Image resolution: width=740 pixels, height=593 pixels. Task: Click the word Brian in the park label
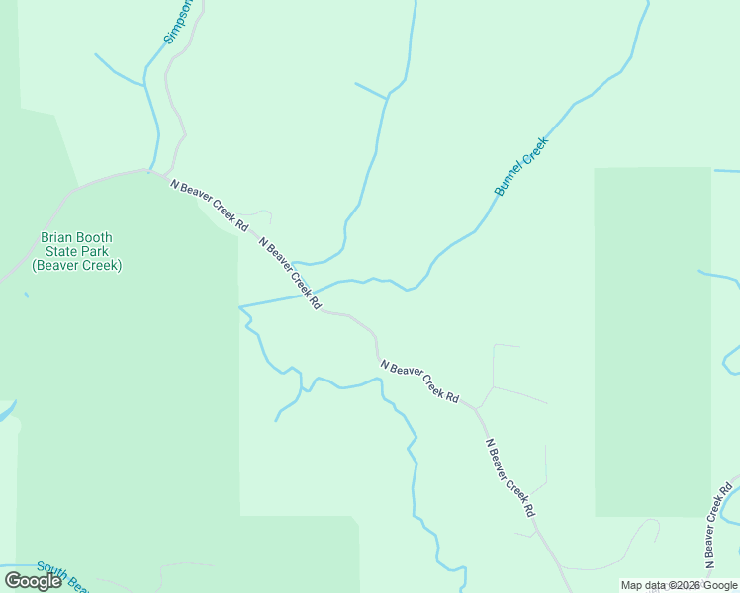tap(57, 238)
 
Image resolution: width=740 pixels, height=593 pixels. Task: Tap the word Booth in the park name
tap(96, 238)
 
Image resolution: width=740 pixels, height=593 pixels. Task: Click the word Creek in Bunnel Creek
tap(535, 151)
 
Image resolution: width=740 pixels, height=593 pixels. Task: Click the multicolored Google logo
tap(33, 581)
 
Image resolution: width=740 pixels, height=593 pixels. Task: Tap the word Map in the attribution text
tap(631, 586)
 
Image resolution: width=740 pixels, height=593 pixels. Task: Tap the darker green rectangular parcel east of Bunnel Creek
tap(652, 341)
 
